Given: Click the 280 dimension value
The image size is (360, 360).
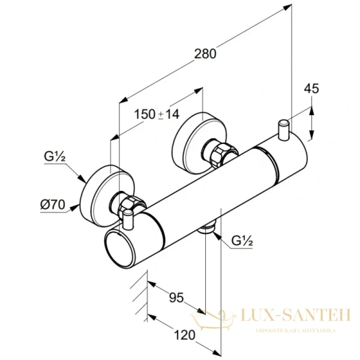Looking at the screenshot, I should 205,52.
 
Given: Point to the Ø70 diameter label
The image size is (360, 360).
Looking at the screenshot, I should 53,204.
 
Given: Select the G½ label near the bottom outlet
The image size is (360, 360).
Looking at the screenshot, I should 242,242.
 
